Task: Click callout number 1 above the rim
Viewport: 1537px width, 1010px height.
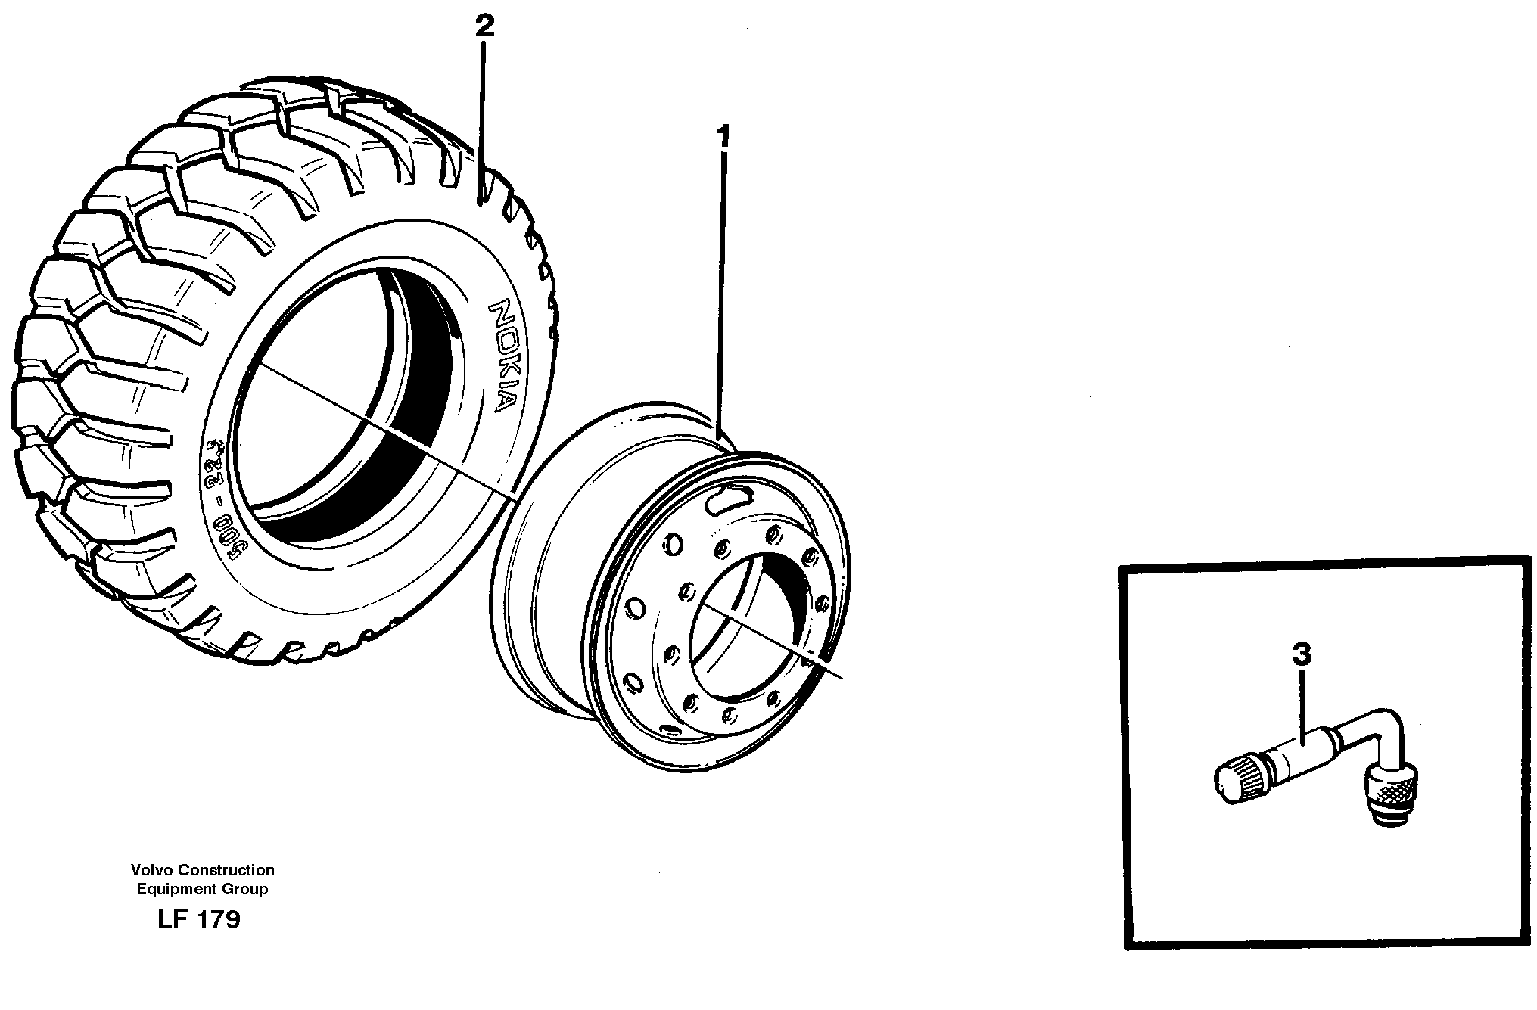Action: tap(724, 137)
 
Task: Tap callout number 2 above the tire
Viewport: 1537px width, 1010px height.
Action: tap(484, 26)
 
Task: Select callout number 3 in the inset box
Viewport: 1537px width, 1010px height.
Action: tap(1301, 654)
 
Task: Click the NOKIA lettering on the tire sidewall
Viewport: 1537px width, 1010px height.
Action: tap(499, 355)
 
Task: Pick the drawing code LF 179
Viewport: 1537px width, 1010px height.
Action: tap(199, 920)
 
